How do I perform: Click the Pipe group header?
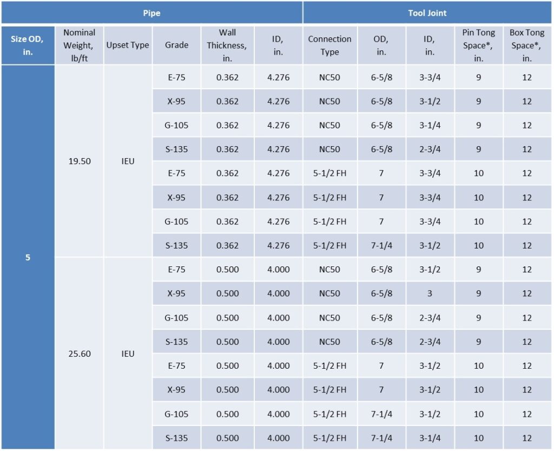(x=151, y=13)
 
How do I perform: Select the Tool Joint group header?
(x=427, y=13)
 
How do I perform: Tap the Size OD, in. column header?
(x=28, y=45)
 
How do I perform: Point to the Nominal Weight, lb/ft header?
(x=79, y=45)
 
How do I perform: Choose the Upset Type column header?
(x=128, y=45)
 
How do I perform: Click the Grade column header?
(x=176, y=45)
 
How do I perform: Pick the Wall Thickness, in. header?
(x=227, y=45)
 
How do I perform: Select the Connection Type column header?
(x=329, y=45)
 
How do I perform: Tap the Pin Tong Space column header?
(x=478, y=45)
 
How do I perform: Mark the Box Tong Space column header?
(x=527, y=45)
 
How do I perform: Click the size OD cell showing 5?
(x=28, y=257)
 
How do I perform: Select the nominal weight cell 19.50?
(x=80, y=161)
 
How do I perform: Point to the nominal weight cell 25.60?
(x=80, y=354)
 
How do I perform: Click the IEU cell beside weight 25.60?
(x=128, y=354)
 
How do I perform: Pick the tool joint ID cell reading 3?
(x=430, y=293)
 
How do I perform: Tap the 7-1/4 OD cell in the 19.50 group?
(x=381, y=245)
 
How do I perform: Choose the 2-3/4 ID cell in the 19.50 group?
(x=430, y=149)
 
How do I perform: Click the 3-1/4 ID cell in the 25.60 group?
(x=430, y=438)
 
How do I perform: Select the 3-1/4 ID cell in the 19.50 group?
(x=430, y=125)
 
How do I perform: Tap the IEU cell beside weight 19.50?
(x=128, y=161)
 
